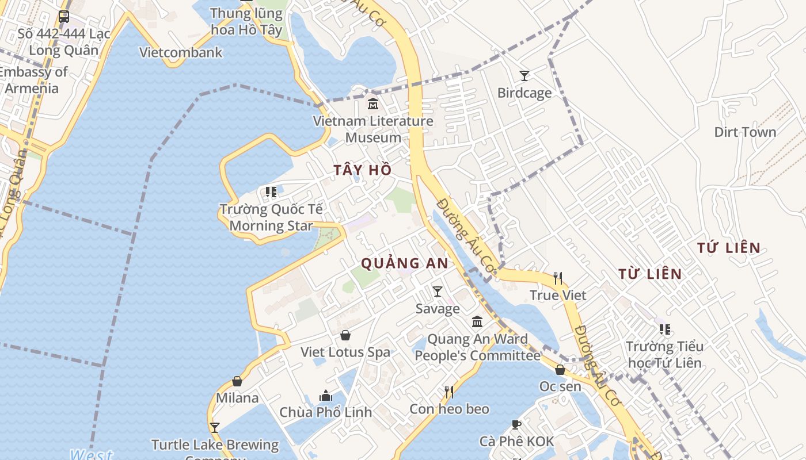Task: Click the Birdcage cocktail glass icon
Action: (x=524, y=75)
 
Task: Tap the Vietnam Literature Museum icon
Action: (x=373, y=104)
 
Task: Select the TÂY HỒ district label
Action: (x=363, y=170)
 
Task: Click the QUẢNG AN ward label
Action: (x=404, y=263)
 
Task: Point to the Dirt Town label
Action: (x=745, y=132)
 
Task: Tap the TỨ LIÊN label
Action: (x=729, y=248)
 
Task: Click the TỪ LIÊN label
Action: (x=650, y=274)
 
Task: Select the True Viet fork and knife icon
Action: (x=557, y=278)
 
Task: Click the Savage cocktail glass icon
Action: (x=438, y=292)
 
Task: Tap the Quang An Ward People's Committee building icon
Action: (x=477, y=321)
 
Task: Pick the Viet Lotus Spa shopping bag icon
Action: (x=345, y=335)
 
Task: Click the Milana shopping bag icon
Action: (x=237, y=381)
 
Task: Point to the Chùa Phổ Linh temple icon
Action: (x=326, y=396)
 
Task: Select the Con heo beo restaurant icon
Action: (x=449, y=392)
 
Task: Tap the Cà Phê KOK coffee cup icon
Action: (x=516, y=425)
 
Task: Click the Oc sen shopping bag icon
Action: (x=560, y=370)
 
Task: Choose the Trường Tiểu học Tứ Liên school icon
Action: (x=665, y=329)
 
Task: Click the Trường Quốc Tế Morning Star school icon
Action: (x=271, y=192)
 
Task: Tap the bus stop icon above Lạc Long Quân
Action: (x=64, y=17)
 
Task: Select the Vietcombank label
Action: (x=181, y=53)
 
